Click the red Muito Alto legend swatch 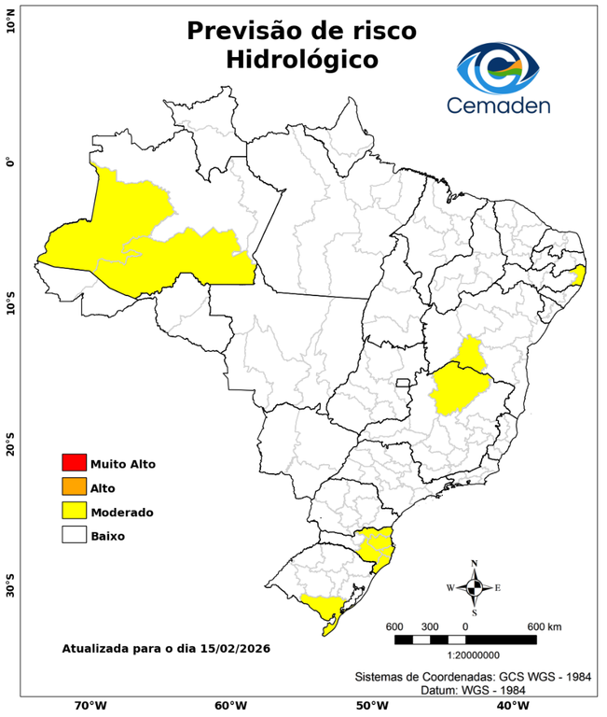74,462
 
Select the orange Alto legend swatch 74,486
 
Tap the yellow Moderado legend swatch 74,511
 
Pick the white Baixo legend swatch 74,535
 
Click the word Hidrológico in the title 301,60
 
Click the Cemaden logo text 498,105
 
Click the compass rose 474,587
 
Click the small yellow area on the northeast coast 578,274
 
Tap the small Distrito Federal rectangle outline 404,383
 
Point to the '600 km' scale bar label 545,626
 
